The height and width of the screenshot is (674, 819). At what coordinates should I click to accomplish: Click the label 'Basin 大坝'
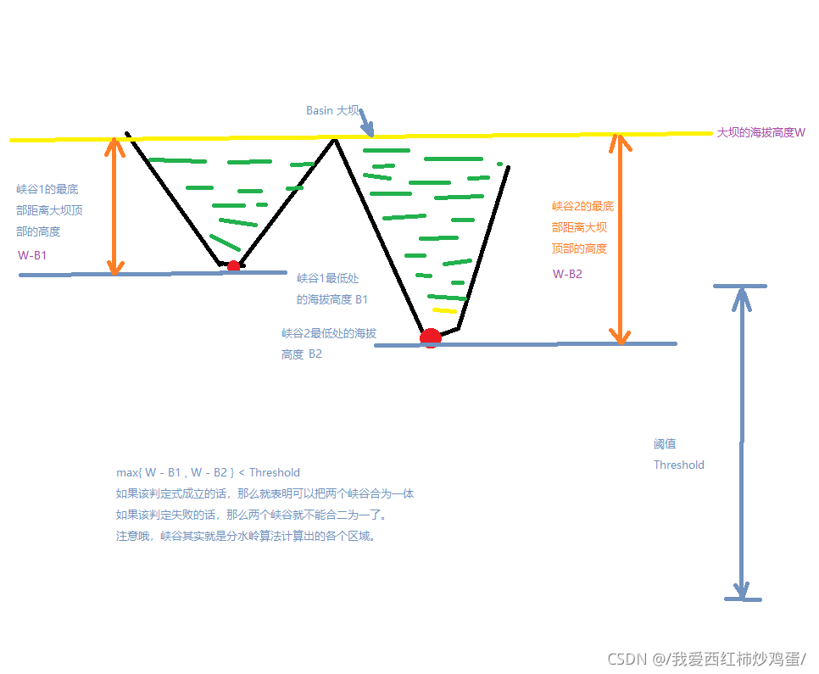click(332, 110)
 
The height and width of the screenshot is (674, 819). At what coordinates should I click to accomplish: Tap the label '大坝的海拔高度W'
click(760, 132)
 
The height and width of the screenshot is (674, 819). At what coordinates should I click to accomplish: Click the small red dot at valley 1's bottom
click(233, 266)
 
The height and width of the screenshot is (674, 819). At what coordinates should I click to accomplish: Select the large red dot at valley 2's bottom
click(431, 337)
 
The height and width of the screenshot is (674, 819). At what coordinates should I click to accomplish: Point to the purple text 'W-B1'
click(32, 254)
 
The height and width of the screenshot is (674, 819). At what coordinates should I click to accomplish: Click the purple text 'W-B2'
click(567, 274)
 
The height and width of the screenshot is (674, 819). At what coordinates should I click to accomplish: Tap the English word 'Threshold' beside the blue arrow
click(678, 465)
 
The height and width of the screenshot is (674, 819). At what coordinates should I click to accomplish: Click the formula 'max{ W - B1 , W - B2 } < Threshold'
click(208, 472)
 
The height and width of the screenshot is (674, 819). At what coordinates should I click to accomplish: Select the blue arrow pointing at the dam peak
click(365, 122)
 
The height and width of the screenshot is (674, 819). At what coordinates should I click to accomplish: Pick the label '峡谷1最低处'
click(327, 278)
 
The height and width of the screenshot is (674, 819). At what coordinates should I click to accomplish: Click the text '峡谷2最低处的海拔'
click(328, 333)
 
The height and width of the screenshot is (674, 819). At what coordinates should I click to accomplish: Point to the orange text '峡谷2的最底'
click(582, 206)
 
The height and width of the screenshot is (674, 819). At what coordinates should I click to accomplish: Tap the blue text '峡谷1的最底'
click(47, 189)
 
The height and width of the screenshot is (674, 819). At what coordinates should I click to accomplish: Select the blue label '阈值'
click(665, 443)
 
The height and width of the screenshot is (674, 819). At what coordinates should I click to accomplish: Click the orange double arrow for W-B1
click(114, 206)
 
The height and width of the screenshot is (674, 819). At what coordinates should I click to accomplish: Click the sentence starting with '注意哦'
click(245, 536)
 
